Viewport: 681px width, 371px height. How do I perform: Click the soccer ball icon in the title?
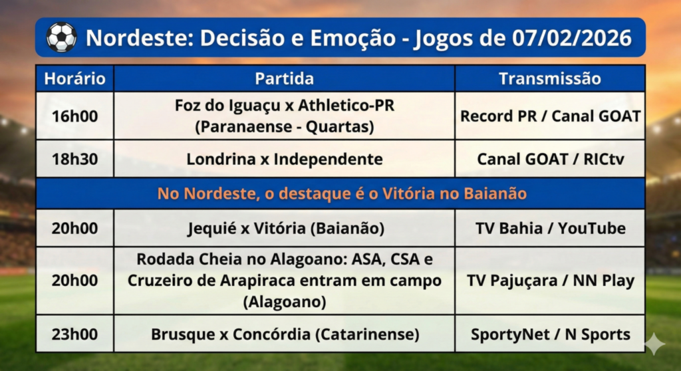[x=61, y=37]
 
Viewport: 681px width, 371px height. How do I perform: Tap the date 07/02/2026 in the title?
[x=571, y=38]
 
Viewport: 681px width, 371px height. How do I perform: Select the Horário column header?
[x=74, y=78]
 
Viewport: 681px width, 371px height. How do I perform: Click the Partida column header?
[x=285, y=78]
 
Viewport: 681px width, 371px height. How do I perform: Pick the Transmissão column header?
[x=550, y=78]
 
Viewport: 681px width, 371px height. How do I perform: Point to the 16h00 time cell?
[x=74, y=116]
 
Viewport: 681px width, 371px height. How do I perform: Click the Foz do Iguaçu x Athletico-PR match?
[x=285, y=116]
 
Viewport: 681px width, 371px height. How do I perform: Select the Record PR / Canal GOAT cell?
[x=550, y=116]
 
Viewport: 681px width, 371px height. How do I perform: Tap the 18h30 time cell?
[x=74, y=159]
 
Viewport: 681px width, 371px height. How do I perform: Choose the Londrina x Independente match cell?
[x=285, y=159]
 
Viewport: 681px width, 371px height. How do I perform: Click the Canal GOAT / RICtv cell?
[x=550, y=159]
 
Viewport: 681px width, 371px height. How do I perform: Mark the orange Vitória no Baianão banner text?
[x=342, y=193]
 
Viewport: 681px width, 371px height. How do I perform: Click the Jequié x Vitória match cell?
[x=286, y=229]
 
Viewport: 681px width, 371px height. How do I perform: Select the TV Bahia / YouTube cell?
[x=550, y=228]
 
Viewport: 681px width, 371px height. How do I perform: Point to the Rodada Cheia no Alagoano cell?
[x=285, y=280]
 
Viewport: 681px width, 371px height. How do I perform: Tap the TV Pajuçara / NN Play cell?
[x=550, y=281]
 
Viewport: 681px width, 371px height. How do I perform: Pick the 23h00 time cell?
[x=74, y=334]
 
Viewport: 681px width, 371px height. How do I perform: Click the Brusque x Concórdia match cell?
[x=285, y=334]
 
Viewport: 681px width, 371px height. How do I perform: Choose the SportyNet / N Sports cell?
[x=550, y=334]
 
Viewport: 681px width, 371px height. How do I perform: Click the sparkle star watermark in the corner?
[x=654, y=344]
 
